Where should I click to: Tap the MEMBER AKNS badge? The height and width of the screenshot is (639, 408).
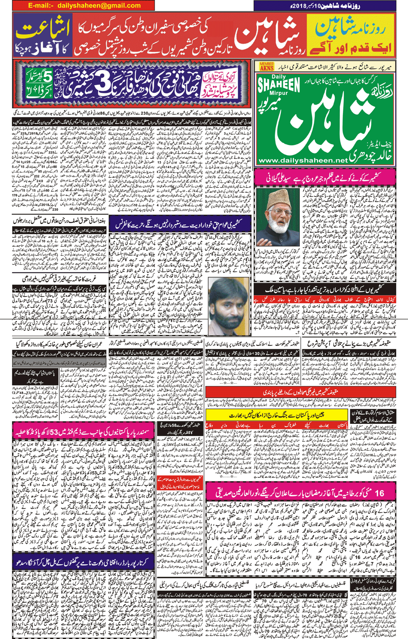267,66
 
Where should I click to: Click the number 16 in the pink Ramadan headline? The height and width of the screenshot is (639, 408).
379,493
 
